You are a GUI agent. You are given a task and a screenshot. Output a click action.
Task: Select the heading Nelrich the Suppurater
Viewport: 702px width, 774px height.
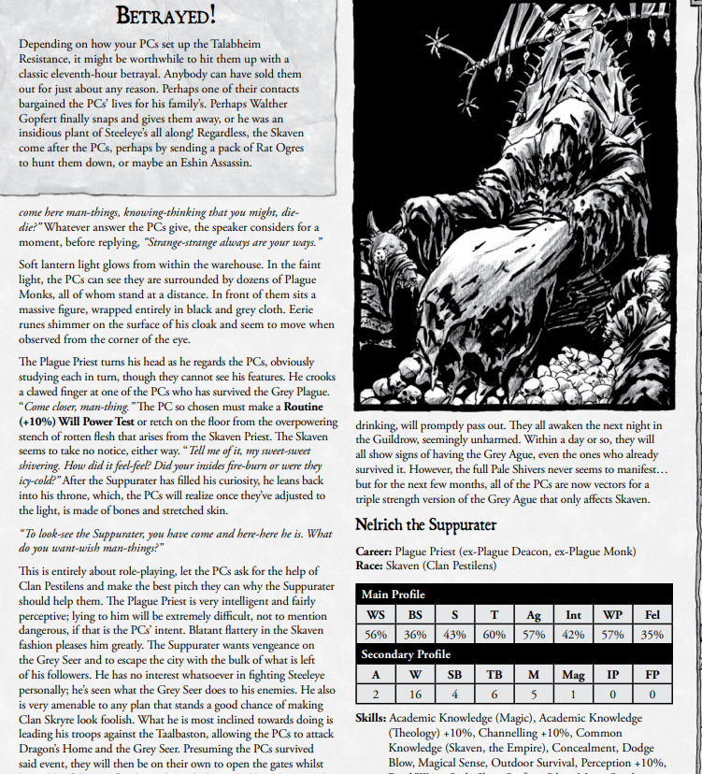click(426, 525)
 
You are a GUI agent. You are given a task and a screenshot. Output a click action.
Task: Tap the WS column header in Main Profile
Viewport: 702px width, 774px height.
click(376, 614)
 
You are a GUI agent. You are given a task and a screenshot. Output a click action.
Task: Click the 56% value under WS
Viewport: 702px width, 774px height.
click(376, 635)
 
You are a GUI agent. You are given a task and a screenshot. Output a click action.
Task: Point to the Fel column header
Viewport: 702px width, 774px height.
click(652, 614)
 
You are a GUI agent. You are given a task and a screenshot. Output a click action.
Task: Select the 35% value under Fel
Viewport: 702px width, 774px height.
click(652, 635)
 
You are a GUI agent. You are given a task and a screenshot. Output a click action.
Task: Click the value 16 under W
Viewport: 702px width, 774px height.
click(415, 695)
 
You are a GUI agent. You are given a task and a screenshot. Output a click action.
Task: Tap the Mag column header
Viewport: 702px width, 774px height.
click(572, 674)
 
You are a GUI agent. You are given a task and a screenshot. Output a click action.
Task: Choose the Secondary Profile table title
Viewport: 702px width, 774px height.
click(406, 654)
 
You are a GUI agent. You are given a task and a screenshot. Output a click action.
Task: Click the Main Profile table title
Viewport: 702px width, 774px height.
click(393, 595)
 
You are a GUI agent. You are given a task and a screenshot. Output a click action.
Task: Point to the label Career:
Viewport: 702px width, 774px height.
click(376, 552)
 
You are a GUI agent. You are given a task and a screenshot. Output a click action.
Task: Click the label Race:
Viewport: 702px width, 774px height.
click(371, 566)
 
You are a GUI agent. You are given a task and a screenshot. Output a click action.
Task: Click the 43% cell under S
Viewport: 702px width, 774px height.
click(453, 635)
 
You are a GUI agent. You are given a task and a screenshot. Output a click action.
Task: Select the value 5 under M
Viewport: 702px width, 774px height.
click(533, 695)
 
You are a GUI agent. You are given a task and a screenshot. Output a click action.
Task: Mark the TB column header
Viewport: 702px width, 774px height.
click(493, 674)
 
